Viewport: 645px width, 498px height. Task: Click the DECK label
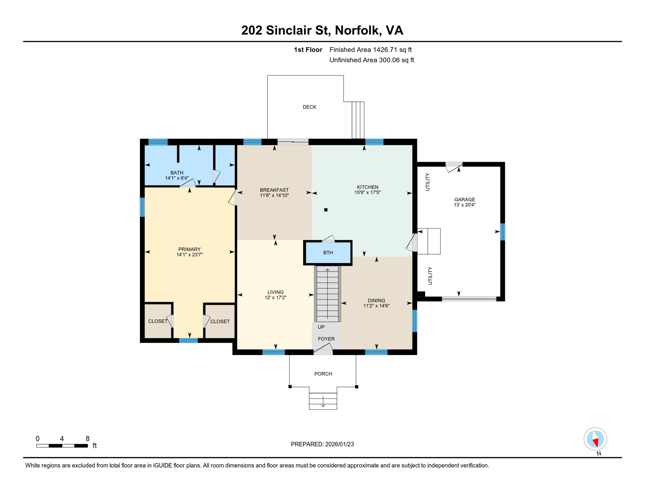[309, 107]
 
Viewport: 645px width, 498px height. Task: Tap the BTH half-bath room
[328, 253]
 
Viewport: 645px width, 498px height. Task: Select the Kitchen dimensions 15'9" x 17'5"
[367, 193]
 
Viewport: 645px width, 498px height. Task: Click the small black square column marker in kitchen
[326, 210]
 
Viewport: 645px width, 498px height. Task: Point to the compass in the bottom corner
[595, 439]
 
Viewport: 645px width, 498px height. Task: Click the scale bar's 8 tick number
[87, 439]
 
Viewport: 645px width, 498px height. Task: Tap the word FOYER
[326, 339]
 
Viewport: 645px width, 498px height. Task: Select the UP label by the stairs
[321, 327]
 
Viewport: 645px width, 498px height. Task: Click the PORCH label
[323, 374]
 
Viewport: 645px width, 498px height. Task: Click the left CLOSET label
[158, 321]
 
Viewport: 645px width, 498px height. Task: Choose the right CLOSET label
[220, 321]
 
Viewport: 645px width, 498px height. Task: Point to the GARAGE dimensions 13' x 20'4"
[464, 205]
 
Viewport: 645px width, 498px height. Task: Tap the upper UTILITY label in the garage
[428, 182]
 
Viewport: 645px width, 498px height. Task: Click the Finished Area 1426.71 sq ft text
[370, 50]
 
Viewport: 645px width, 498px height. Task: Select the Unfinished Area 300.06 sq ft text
[371, 60]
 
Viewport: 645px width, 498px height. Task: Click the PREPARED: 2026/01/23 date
[322, 444]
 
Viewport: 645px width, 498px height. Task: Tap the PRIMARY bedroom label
[189, 249]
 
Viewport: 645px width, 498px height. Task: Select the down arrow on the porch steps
[323, 404]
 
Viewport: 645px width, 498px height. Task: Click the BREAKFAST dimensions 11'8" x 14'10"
[274, 196]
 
